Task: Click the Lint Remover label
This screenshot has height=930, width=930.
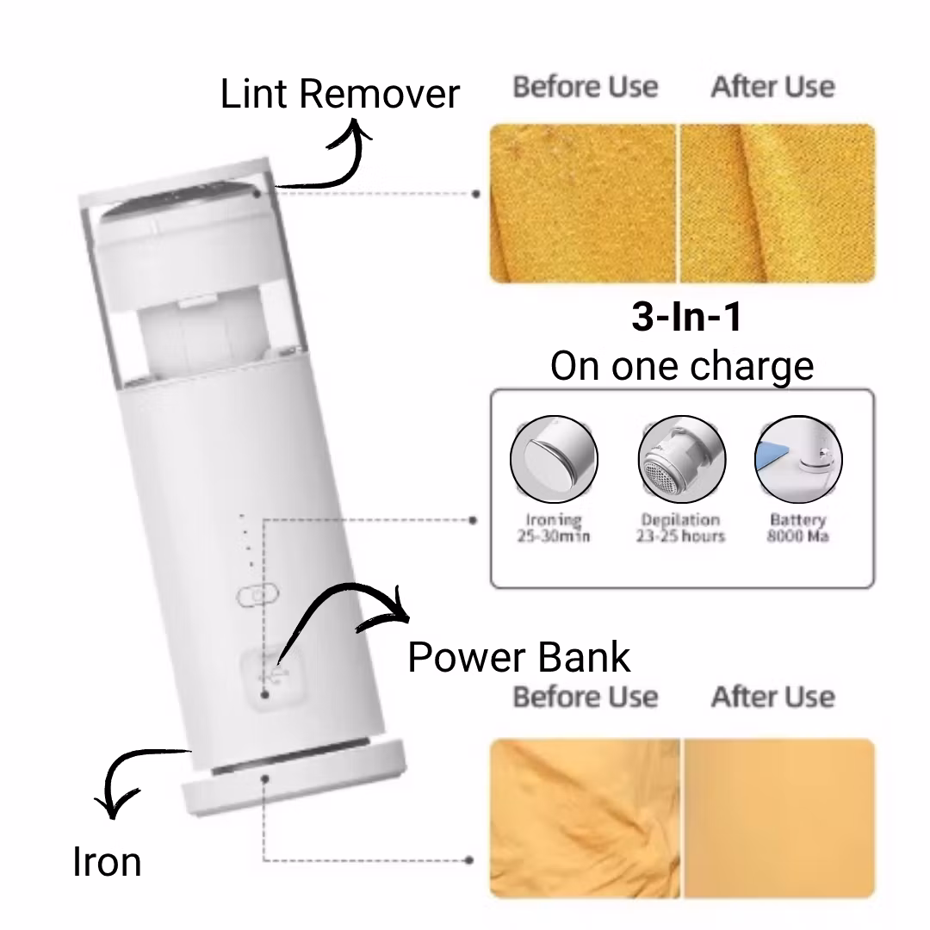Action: pos(340,93)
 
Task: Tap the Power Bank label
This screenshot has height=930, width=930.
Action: pos(518,657)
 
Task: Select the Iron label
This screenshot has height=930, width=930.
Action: pos(107,861)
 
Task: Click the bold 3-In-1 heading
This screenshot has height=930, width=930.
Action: pos(686,318)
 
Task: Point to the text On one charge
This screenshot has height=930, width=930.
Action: pos(681,366)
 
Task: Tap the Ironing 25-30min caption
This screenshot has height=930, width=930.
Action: pos(555,528)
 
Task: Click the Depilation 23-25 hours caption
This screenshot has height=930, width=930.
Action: pos(680,528)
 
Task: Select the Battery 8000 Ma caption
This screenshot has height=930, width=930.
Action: pos(797,528)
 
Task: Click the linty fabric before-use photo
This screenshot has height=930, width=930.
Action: pos(583,203)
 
